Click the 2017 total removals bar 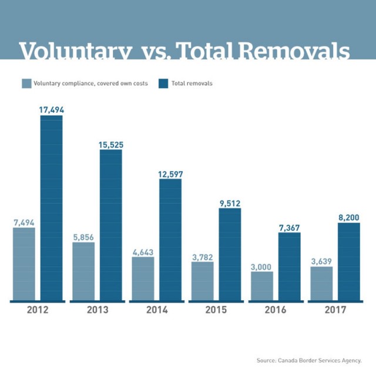point(349,261)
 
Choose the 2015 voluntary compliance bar point(203,281)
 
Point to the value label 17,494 point(51,109)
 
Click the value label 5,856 point(83,237)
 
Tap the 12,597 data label point(170,173)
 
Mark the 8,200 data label point(349,217)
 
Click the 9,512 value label point(230,203)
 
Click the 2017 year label point(335,310)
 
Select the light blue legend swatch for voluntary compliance point(26,83)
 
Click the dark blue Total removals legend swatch point(163,83)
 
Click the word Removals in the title point(294,52)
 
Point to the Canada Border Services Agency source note point(308,360)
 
